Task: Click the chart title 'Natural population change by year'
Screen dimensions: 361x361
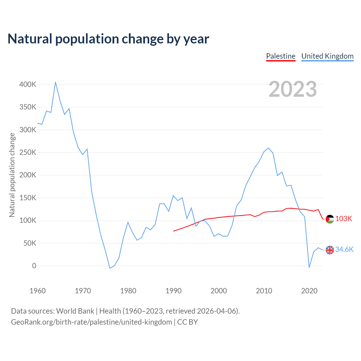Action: click(108, 39)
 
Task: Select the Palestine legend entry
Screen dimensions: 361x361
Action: click(281, 56)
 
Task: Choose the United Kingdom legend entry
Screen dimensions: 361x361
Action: click(327, 56)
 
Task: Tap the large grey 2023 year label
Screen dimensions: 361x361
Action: click(292, 89)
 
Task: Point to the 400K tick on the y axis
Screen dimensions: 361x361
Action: click(28, 84)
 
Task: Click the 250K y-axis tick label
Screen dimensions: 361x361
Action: click(28, 152)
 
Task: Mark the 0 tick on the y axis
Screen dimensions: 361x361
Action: click(34, 266)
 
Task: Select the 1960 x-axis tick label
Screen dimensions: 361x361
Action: click(38, 291)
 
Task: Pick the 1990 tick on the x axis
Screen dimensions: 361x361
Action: click(173, 291)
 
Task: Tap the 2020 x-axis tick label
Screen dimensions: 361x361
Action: click(309, 291)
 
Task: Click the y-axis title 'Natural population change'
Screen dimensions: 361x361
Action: click(12, 175)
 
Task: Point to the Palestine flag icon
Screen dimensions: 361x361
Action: click(330, 219)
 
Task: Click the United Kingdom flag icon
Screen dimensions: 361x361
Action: click(330, 250)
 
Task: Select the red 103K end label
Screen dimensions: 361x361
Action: click(344, 219)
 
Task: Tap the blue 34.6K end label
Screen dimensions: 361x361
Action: click(344, 250)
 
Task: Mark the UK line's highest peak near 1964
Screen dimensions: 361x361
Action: click(56, 82)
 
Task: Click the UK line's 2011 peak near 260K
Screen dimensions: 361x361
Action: click(268, 148)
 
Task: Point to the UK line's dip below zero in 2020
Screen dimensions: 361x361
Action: click(309, 267)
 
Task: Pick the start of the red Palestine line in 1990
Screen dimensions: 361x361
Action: click(173, 231)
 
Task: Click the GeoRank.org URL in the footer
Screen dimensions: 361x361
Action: click(91, 322)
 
